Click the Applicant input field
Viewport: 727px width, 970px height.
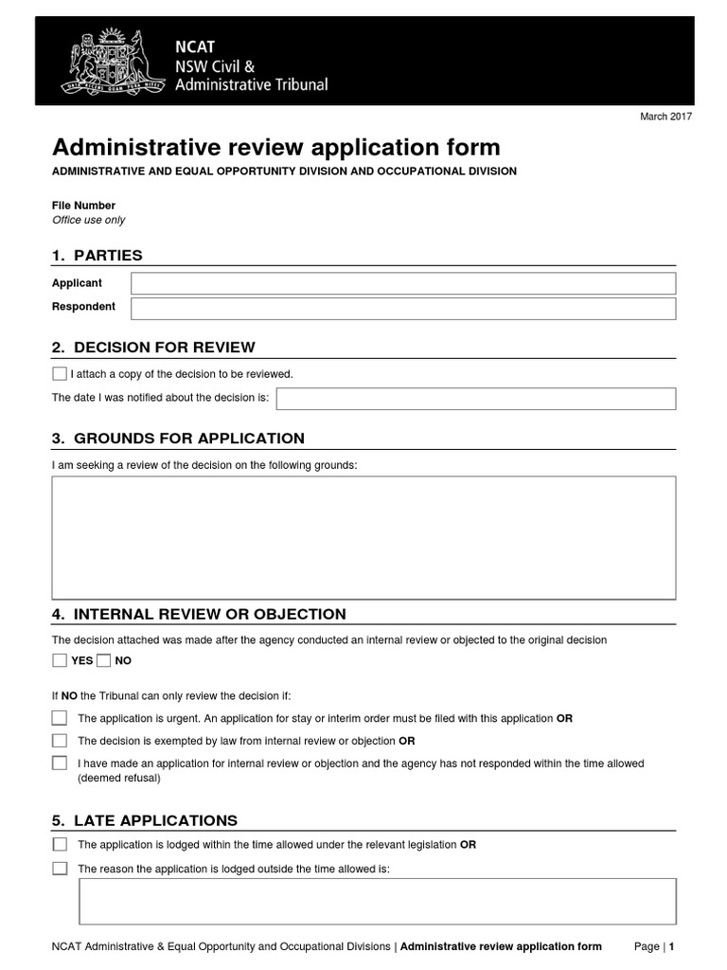(x=403, y=283)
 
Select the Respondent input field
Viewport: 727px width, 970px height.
(x=403, y=308)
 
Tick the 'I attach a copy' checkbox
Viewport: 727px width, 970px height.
(x=60, y=373)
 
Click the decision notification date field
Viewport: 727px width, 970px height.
(x=475, y=398)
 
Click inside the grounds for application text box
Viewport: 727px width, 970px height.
(x=363, y=537)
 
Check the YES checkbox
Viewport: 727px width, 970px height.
(x=60, y=660)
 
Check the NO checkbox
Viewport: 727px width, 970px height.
(x=104, y=660)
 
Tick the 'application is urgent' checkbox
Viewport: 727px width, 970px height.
(x=60, y=718)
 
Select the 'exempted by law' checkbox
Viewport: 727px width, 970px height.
(x=60, y=740)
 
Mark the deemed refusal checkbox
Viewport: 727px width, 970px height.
(x=60, y=763)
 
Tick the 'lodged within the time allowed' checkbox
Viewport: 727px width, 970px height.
(x=60, y=844)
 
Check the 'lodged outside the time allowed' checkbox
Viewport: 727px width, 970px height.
(x=60, y=868)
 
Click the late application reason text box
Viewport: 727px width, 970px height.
(x=377, y=900)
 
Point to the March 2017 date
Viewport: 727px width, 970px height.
(x=667, y=116)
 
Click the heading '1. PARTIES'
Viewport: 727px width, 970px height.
(x=98, y=255)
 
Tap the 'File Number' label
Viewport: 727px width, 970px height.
(x=83, y=205)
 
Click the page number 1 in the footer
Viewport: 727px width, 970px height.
(x=671, y=946)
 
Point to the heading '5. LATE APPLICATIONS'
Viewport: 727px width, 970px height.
(x=144, y=820)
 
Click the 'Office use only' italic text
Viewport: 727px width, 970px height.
(x=88, y=220)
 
